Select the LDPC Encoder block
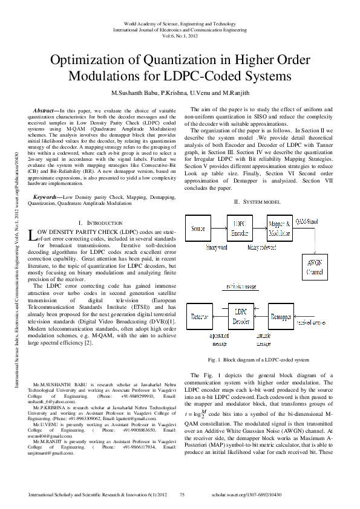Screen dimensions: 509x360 coord(240,229)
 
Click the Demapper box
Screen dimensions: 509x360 coord(281,317)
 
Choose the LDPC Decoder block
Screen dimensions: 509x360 coord(240,317)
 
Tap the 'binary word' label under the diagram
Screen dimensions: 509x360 coord(217,248)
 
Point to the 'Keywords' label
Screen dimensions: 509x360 coord(46,181)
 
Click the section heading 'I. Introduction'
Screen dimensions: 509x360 coord(101,207)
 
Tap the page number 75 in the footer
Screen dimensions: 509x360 coord(183,494)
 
